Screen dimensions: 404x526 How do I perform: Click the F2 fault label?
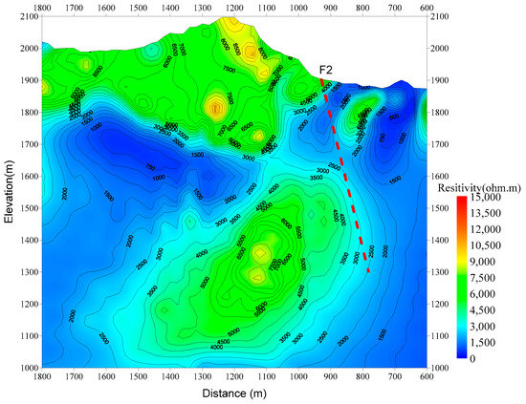[325, 69]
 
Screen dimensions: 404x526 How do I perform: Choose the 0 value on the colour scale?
[485, 358]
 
